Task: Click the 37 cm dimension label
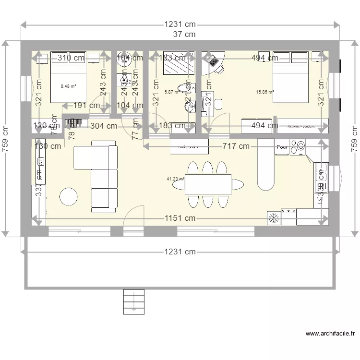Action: click(x=184, y=34)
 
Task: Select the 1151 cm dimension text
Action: click(x=180, y=218)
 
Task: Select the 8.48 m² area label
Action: click(x=68, y=86)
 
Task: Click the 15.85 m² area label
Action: click(x=264, y=92)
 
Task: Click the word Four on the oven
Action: click(x=282, y=147)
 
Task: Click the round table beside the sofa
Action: click(x=68, y=197)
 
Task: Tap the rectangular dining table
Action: click(x=207, y=184)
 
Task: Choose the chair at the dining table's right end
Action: click(x=237, y=184)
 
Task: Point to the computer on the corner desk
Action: click(x=212, y=61)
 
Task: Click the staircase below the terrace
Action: click(x=134, y=301)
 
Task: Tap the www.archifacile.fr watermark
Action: click(x=330, y=334)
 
